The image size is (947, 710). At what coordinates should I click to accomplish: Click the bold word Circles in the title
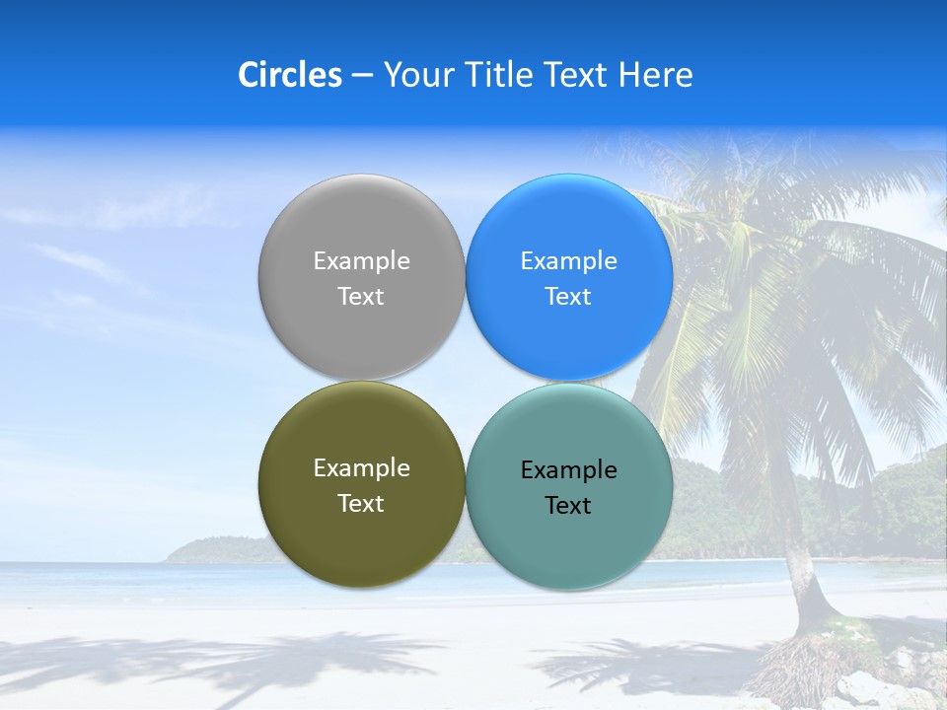(x=289, y=75)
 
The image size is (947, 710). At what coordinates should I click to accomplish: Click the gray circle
(x=361, y=227)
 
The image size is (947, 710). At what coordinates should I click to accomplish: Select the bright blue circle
(x=569, y=227)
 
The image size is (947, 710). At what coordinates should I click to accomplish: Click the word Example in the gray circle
(x=361, y=261)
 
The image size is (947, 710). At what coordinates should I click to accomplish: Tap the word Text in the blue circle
(x=568, y=297)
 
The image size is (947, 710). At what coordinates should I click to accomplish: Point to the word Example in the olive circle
(x=361, y=468)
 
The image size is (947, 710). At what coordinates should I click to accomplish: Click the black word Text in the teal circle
(x=568, y=506)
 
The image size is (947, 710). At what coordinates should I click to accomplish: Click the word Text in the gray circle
(x=361, y=297)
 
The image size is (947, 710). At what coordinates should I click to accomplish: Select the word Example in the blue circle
(x=568, y=261)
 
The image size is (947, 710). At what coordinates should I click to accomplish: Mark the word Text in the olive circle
(x=361, y=504)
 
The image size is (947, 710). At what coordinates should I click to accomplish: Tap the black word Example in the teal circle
(x=568, y=470)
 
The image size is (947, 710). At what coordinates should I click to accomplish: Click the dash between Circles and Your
(x=362, y=76)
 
